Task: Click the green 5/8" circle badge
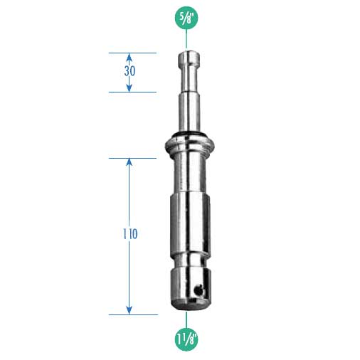tap(186, 18)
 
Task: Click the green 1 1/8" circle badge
tap(186, 339)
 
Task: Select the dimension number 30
tap(129, 71)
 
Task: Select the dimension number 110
tap(130, 234)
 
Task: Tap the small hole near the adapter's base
tap(198, 289)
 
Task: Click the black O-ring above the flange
tap(189, 134)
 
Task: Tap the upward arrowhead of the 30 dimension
tap(129, 57)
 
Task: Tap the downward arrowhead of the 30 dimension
tap(129, 88)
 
